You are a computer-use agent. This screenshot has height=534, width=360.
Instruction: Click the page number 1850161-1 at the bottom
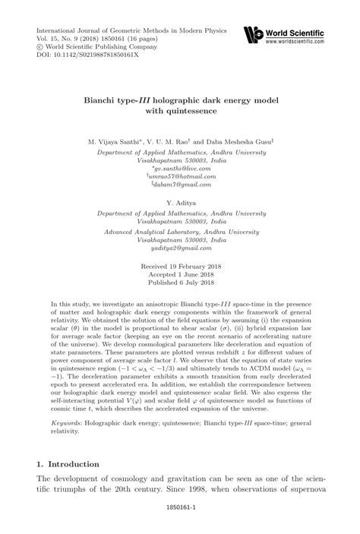pyautogui.click(x=180, y=523)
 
